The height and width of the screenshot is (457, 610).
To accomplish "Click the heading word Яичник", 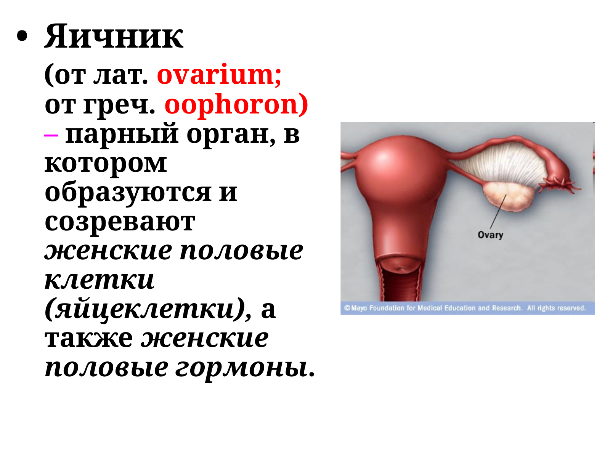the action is click(x=114, y=36).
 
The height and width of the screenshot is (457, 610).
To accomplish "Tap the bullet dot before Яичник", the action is click(x=22, y=36).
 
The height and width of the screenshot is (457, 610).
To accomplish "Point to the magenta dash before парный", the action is click(x=51, y=135).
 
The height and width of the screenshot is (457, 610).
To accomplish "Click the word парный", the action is click(x=122, y=134).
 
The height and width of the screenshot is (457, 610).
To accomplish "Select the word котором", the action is click(x=106, y=164).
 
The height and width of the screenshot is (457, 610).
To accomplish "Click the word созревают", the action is click(x=120, y=222).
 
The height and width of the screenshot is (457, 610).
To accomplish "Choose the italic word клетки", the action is click(x=100, y=281).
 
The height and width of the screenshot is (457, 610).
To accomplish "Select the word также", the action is click(x=89, y=339).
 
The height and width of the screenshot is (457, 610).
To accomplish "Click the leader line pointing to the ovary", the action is click(x=498, y=211).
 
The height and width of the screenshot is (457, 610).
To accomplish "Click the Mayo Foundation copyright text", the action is click(x=465, y=308).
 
